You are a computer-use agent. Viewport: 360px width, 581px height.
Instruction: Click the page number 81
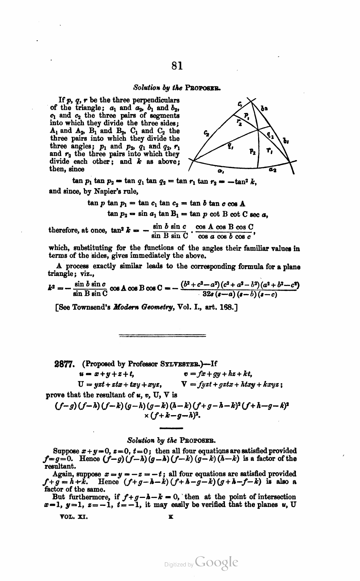click(x=177, y=65)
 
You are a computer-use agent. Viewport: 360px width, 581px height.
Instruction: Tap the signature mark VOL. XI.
click(x=74, y=517)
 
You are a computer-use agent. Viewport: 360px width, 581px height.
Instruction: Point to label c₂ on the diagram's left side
click(x=207, y=133)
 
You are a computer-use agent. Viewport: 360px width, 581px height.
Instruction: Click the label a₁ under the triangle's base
click(x=220, y=171)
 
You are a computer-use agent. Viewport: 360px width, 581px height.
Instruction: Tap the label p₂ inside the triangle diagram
click(x=252, y=151)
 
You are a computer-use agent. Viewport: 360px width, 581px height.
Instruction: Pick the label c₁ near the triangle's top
click(x=240, y=104)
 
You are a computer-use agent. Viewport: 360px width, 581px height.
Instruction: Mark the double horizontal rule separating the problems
click(x=162, y=336)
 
